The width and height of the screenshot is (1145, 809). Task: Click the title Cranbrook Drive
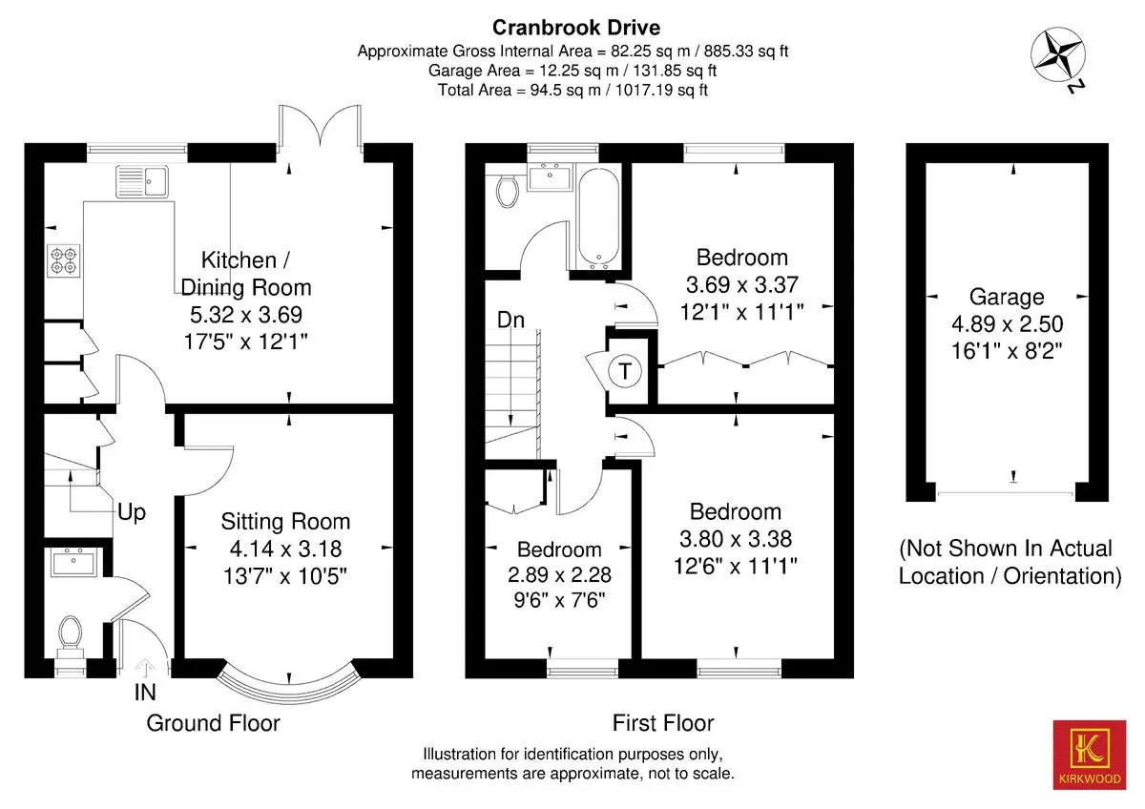(576, 28)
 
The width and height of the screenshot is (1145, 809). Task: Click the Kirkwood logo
(1090, 755)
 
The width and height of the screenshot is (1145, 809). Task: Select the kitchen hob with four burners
(64, 260)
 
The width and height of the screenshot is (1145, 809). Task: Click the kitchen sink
(142, 181)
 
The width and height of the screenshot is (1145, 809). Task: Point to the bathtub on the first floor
(598, 218)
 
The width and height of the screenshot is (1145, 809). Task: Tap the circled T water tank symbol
(625, 370)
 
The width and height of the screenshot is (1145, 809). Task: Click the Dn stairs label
(510, 320)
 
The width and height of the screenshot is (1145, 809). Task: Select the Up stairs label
(132, 511)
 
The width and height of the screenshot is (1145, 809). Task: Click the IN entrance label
(145, 693)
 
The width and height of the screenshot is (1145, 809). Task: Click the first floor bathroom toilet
(508, 191)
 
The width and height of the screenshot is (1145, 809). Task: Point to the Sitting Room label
(285, 522)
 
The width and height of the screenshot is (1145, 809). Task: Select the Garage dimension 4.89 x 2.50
(1007, 324)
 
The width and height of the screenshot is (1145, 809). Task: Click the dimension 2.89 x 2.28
(559, 575)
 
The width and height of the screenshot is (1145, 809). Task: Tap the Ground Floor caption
(213, 723)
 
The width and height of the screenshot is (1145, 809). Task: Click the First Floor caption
(663, 723)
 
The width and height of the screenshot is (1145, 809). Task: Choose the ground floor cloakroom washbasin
(74, 562)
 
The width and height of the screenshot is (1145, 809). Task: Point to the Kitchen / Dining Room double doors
(320, 125)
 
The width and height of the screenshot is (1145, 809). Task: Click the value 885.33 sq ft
(746, 52)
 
